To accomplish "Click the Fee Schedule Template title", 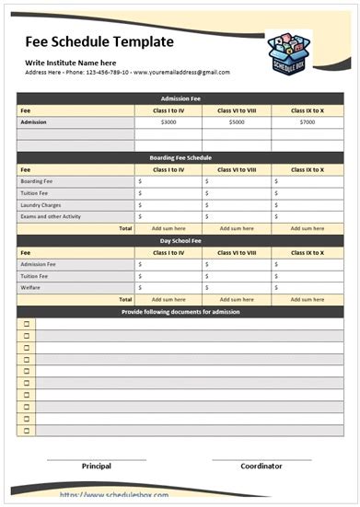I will click(99, 41).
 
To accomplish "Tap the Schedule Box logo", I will click(291, 52).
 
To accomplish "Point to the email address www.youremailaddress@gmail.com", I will click(181, 72).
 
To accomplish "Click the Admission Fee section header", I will click(180, 98).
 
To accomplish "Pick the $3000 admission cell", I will click(168, 122).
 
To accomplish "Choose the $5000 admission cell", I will click(237, 122).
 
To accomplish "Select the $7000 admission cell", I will click(307, 122).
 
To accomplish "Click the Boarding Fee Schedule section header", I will click(180, 158).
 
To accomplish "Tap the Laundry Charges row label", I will click(41, 204).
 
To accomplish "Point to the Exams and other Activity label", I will click(52, 216).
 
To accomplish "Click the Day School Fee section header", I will click(180, 240).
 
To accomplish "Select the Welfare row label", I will click(30, 287).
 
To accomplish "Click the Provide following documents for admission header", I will click(180, 312).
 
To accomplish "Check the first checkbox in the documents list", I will click(27, 324).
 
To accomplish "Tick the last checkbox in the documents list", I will click(27, 431).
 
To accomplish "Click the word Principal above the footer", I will click(97, 467).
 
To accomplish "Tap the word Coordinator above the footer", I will click(261, 467).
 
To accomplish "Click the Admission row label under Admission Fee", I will click(33, 122).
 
